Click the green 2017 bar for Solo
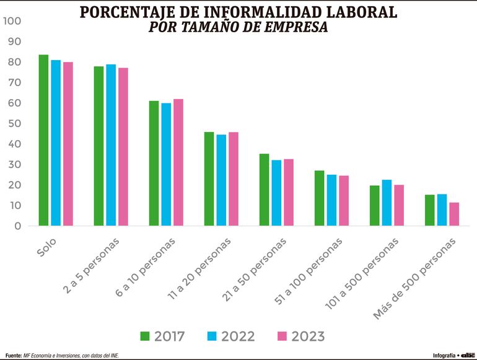pos(43,140)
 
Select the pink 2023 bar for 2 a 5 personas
pos(123,147)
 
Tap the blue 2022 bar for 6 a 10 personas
pos(166,164)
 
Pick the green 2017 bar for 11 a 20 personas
pos(209,179)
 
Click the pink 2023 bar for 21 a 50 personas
pos(289,193)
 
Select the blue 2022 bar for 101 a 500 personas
pos(387,203)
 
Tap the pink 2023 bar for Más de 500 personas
pos(454,214)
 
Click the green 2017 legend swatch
pos(145,336)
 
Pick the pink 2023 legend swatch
pos(282,336)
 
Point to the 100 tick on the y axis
pos(12,21)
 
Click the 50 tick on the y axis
pos(14,123)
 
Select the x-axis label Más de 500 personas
pos(414,279)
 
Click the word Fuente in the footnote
pos(12,356)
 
